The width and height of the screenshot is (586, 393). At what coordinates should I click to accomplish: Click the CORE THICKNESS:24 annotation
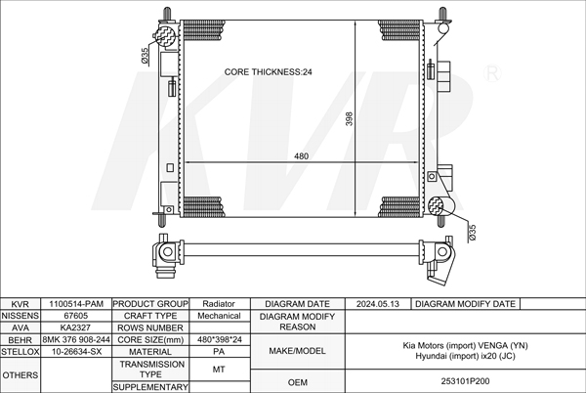point(268,71)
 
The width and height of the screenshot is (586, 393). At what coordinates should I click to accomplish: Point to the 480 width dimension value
point(301,155)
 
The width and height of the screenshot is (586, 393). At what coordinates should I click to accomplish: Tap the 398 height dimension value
point(349,118)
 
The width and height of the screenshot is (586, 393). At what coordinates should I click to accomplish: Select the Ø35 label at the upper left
point(145,55)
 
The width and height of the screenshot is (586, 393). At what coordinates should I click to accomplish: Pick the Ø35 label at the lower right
point(472,233)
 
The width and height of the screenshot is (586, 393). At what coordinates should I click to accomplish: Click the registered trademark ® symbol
point(492,73)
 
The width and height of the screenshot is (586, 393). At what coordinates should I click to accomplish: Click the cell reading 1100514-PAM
point(76,304)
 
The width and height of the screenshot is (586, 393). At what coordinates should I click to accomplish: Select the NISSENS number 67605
point(76,316)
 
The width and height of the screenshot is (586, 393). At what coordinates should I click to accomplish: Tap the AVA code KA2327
point(75,327)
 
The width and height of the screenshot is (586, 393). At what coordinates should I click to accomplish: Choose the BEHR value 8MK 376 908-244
point(76,339)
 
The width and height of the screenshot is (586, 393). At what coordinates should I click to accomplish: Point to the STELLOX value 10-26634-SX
point(76,352)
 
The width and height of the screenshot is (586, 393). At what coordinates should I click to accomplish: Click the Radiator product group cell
point(219,304)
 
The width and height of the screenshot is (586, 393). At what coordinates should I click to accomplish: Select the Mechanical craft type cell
point(219,316)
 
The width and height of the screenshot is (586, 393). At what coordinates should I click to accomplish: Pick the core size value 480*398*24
point(220,339)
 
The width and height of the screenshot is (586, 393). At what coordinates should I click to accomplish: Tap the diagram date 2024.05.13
point(378,304)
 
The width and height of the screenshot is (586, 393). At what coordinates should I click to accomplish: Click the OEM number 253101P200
point(465,381)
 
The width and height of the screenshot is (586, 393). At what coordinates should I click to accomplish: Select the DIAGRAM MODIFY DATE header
point(465,304)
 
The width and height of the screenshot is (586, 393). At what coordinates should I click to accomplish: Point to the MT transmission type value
point(219,370)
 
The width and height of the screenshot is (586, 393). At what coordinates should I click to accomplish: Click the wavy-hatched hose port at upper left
point(166,36)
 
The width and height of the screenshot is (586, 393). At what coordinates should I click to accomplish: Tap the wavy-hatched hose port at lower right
point(436,206)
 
